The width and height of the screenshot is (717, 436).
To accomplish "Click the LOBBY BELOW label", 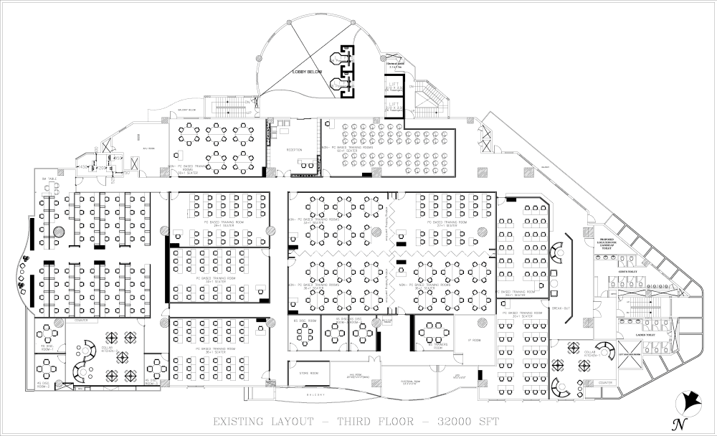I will coord(307,72).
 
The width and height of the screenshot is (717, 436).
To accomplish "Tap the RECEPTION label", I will coord(294,150).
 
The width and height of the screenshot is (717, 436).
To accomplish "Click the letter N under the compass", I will coord(675,422).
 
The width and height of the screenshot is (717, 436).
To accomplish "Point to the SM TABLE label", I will coord(50,179).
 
